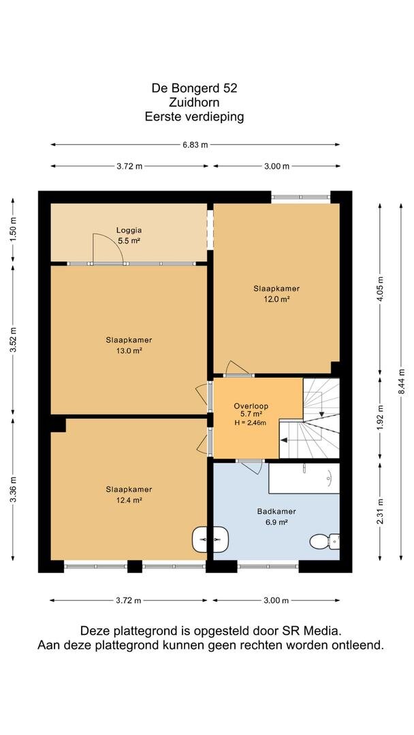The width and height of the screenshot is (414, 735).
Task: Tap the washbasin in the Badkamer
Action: pyautogui.click(x=210, y=540)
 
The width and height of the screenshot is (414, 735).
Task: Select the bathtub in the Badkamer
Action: pyautogui.click(x=304, y=478)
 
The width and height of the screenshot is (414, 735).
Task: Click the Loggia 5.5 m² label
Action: pyautogui.click(x=129, y=235)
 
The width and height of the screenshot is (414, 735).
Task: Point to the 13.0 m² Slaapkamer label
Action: pyautogui.click(x=129, y=345)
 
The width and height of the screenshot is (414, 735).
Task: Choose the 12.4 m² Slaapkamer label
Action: pyautogui.click(x=129, y=495)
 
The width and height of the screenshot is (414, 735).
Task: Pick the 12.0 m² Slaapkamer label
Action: pyautogui.click(x=276, y=293)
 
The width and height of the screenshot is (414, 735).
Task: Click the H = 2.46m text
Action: pyautogui.click(x=250, y=423)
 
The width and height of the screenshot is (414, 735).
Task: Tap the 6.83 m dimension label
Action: pyautogui.click(x=195, y=145)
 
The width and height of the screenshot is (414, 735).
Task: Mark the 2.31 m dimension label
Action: pyautogui.click(x=380, y=511)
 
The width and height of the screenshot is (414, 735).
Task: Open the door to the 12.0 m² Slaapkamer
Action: pyautogui.click(x=237, y=368)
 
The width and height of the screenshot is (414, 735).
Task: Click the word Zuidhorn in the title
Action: pyautogui.click(x=195, y=101)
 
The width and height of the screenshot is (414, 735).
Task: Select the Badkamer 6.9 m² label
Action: pyautogui.click(x=276, y=517)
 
